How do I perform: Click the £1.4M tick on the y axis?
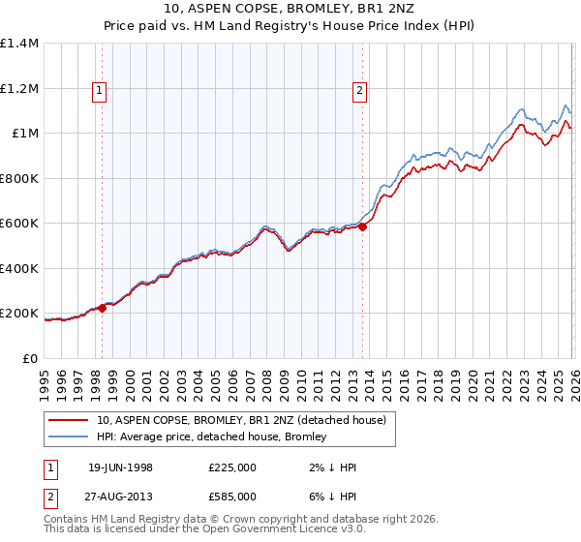(19, 44)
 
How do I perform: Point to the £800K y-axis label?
(19, 178)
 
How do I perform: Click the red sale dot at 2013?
(362, 227)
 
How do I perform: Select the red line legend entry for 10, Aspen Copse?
(241, 420)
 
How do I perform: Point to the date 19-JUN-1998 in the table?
(120, 467)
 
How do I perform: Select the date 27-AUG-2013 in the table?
(120, 496)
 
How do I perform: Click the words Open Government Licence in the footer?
(281, 530)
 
